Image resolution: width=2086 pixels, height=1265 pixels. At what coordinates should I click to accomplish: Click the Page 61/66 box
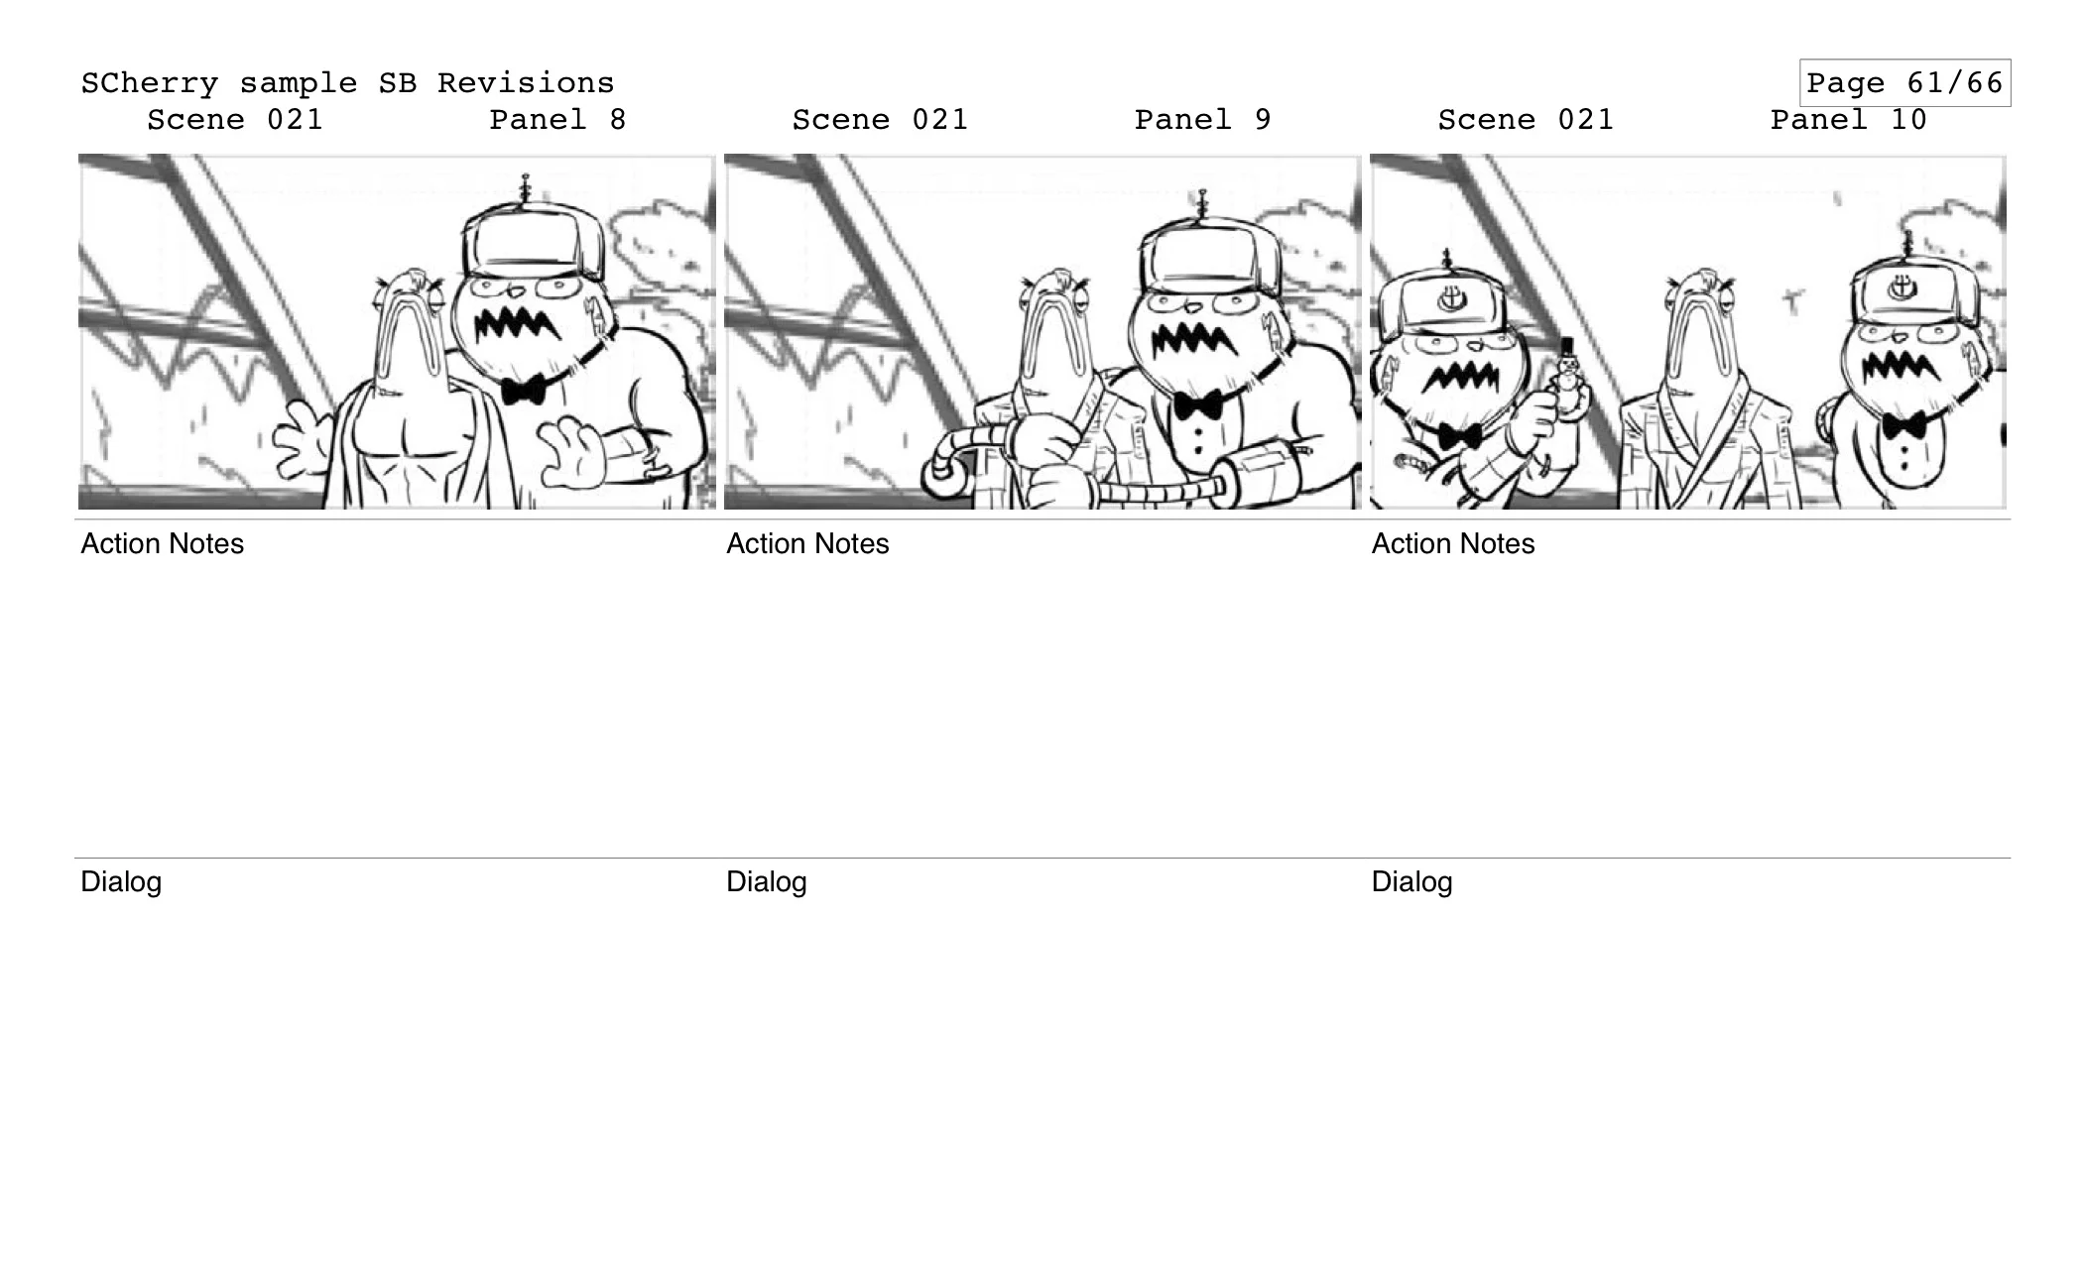point(1903,82)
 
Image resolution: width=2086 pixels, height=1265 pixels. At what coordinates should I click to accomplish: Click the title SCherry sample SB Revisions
point(347,82)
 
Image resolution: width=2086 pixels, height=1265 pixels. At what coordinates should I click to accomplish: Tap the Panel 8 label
point(557,120)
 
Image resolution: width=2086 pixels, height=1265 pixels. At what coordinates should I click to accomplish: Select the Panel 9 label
point(1202,120)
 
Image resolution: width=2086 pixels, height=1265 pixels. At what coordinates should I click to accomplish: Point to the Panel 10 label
point(1848,120)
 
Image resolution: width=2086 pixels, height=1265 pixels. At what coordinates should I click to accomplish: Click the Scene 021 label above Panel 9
point(879,120)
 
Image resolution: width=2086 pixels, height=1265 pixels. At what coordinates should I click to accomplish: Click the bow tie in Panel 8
point(523,389)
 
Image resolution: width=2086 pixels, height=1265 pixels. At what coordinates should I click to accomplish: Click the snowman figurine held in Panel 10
point(1566,377)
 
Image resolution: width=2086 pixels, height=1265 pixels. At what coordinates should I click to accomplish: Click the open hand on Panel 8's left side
point(303,440)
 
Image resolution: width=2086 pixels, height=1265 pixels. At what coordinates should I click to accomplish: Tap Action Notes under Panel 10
point(1452,543)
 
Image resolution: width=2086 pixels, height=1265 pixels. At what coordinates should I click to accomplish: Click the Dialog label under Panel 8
point(120,881)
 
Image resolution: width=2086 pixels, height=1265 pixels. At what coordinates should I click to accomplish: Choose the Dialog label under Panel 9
point(766,881)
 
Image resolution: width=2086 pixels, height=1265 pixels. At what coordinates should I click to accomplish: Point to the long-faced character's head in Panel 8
point(407,317)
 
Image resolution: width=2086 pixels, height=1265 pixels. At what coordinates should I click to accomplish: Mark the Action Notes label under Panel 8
point(162,543)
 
